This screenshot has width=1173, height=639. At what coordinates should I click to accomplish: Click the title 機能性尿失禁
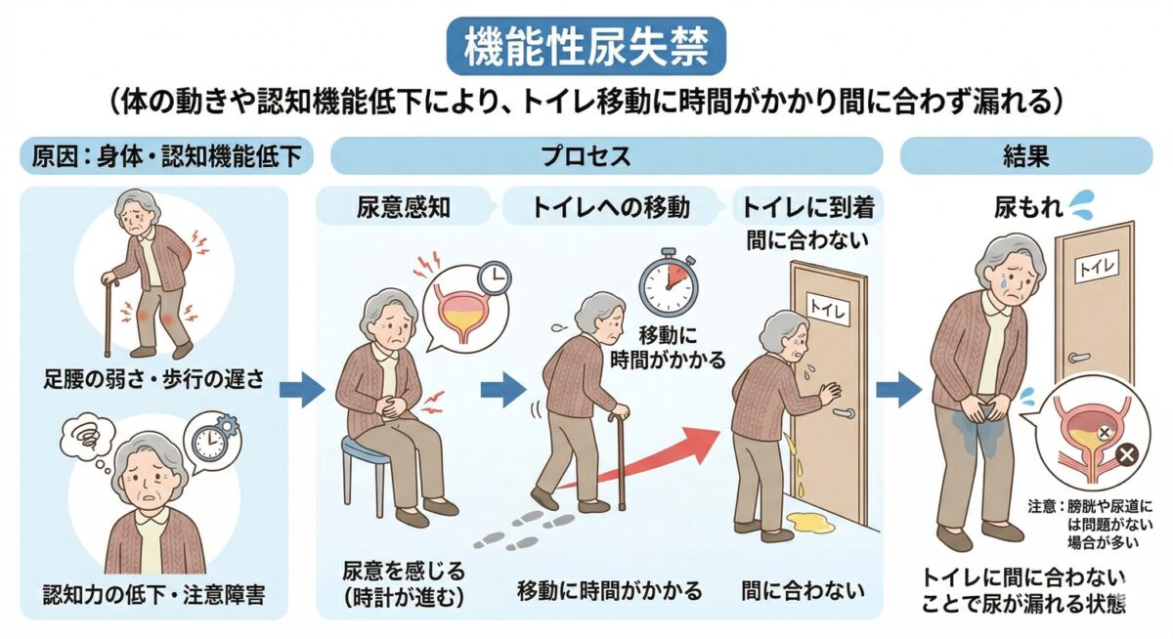pyautogui.click(x=586, y=47)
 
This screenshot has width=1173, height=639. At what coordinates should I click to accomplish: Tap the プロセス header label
pyautogui.click(x=586, y=156)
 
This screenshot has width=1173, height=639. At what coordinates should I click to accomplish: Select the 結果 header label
pyautogui.click(x=1025, y=156)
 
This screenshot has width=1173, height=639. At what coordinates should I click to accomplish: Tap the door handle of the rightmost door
pyautogui.click(x=1080, y=358)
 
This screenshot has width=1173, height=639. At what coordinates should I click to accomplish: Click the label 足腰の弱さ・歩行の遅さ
pyautogui.click(x=153, y=379)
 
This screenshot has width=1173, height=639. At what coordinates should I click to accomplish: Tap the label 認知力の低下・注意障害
pyautogui.click(x=153, y=594)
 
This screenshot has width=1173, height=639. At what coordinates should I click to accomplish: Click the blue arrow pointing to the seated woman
pyautogui.click(x=302, y=390)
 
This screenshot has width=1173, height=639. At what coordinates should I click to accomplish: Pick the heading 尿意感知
pyautogui.click(x=403, y=208)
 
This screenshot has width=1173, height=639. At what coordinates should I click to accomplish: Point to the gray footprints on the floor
pyautogui.click(x=523, y=532)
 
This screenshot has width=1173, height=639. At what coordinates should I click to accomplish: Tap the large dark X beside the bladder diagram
pyautogui.click(x=1127, y=454)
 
